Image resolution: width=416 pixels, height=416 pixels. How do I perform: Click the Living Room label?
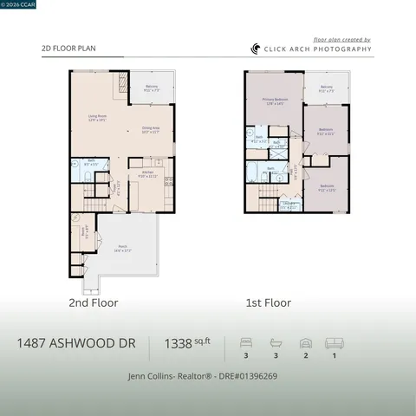coord(97,118)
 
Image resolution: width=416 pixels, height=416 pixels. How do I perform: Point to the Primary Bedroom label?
coord(274,101)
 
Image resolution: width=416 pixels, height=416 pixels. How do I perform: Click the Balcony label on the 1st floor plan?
coord(326,88)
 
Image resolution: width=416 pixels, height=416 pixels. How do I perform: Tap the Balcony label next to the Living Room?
coord(151,88)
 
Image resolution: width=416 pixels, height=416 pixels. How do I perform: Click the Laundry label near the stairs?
coord(289,205)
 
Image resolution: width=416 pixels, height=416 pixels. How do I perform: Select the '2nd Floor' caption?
coord(93,303)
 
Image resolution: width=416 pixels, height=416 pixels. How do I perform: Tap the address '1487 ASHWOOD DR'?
coord(75,344)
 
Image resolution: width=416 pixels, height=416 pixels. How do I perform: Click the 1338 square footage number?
coord(179,344)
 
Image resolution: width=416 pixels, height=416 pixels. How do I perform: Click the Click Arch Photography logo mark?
coord(256,49)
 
